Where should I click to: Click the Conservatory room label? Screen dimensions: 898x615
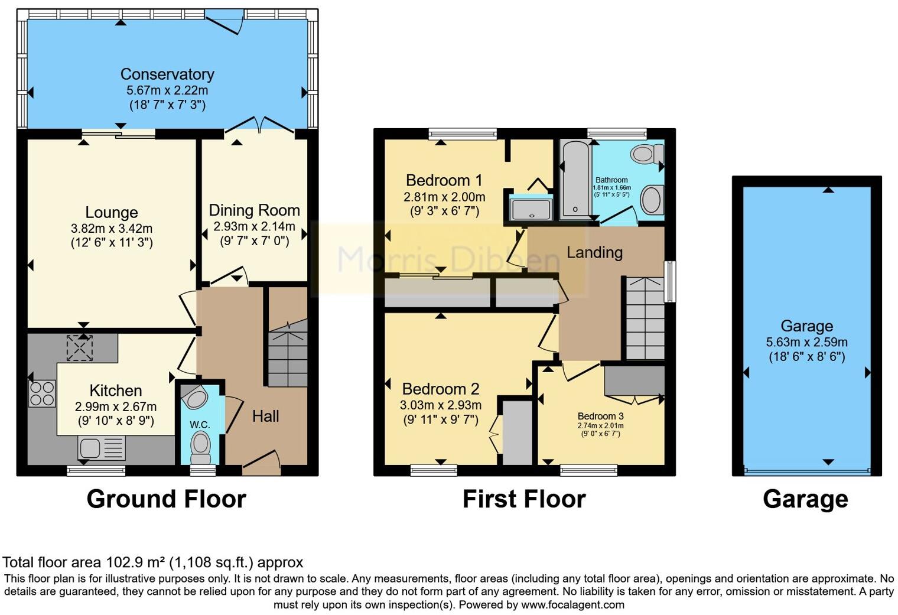tap(167, 74)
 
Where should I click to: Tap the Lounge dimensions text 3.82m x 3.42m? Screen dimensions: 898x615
tap(112, 229)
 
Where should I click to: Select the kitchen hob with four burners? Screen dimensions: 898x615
tap(42, 393)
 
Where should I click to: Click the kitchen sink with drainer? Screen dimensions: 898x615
tap(102, 448)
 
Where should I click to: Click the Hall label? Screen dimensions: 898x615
tap(266, 416)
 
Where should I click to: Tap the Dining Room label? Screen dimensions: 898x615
tap(254, 210)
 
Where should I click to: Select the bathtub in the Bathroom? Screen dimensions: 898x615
tap(575, 180)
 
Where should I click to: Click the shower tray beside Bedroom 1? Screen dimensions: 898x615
tap(531, 207)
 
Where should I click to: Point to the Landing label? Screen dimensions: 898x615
tap(594, 253)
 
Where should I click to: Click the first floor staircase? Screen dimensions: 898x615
tap(645, 319)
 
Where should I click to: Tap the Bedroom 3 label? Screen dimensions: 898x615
tap(600, 416)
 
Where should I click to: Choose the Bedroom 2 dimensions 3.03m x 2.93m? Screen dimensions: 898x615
tap(441, 405)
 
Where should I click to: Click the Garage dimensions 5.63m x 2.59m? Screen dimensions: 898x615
tap(806, 343)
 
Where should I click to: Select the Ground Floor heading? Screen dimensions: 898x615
tap(167, 499)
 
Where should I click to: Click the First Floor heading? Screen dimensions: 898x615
tap(525, 499)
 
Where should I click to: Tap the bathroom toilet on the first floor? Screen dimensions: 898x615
tap(647, 154)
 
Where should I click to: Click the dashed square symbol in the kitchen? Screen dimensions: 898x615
tap(79, 348)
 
